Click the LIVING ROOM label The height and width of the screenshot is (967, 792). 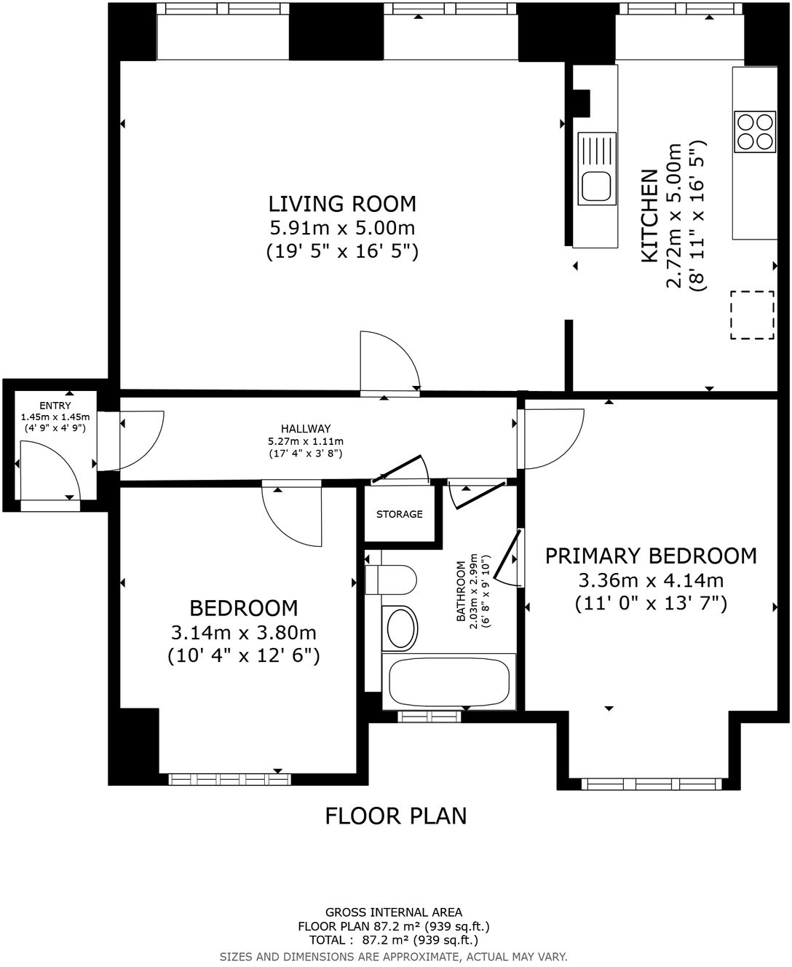pyautogui.click(x=342, y=203)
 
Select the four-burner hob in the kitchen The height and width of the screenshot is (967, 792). pyautogui.click(x=754, y=132)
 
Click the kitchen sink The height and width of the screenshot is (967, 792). pyautogui.click(x=596, y=168)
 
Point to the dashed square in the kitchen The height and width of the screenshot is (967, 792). pyautogui.click(x=753, y=315)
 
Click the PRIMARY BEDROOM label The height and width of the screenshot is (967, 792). pyautogui.click(x=651, y=556)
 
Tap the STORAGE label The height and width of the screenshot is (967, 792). pyautogui.click(x=399, y=514)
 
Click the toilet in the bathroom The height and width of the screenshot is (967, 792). pyautogui.click(x=391, y=581)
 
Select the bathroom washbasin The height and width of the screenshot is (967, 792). pyautogui.click(x=400, y=628)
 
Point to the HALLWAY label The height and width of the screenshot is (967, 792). pyautogui.click(x=306, y=429)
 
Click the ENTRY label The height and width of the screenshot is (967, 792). pyautogui.click(x=55, y=406)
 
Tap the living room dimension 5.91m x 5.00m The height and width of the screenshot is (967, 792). pyautogui.click(x=342, y=228)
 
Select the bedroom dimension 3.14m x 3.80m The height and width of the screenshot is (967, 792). pyautogui.click(x=243, y=632)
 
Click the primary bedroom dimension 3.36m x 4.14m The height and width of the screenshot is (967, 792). pyautogui.click(x=651, y=580)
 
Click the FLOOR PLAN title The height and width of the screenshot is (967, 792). pyautogui.click(x=395, y=816)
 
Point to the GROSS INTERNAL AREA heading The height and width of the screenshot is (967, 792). pyautogui.click(x=393, y=912)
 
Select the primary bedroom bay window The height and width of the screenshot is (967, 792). pyautogui.click(x=650, y=784)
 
